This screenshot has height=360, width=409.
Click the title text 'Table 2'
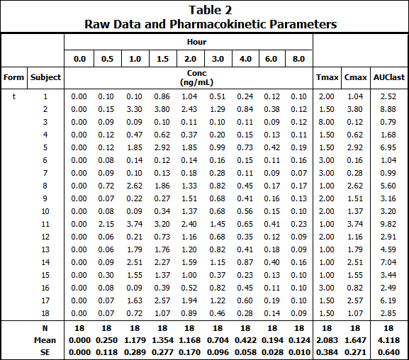pyautogui.click(x=211, y=10)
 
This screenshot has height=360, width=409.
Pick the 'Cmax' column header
pyautogui.click(x=354, y=77)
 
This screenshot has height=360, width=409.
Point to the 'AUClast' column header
pyautogui.click(x=387, y=77)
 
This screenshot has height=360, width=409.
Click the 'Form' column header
pyautogui.click(x=13, y=77)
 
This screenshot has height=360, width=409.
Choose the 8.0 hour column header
pyautogui.click(x=298, y=59)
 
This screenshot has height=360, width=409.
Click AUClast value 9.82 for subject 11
pyautogui.click(x=387, y=224)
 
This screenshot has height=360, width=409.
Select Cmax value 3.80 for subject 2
pyautogui.click(x=354, y=109)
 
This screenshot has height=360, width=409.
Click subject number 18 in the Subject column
pyautogui.click(x=45, y=313)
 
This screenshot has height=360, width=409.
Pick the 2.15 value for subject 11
pyautogui.click(x=106, y=224)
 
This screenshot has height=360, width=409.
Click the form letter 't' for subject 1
pyautogui.click(x=13, y=96)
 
